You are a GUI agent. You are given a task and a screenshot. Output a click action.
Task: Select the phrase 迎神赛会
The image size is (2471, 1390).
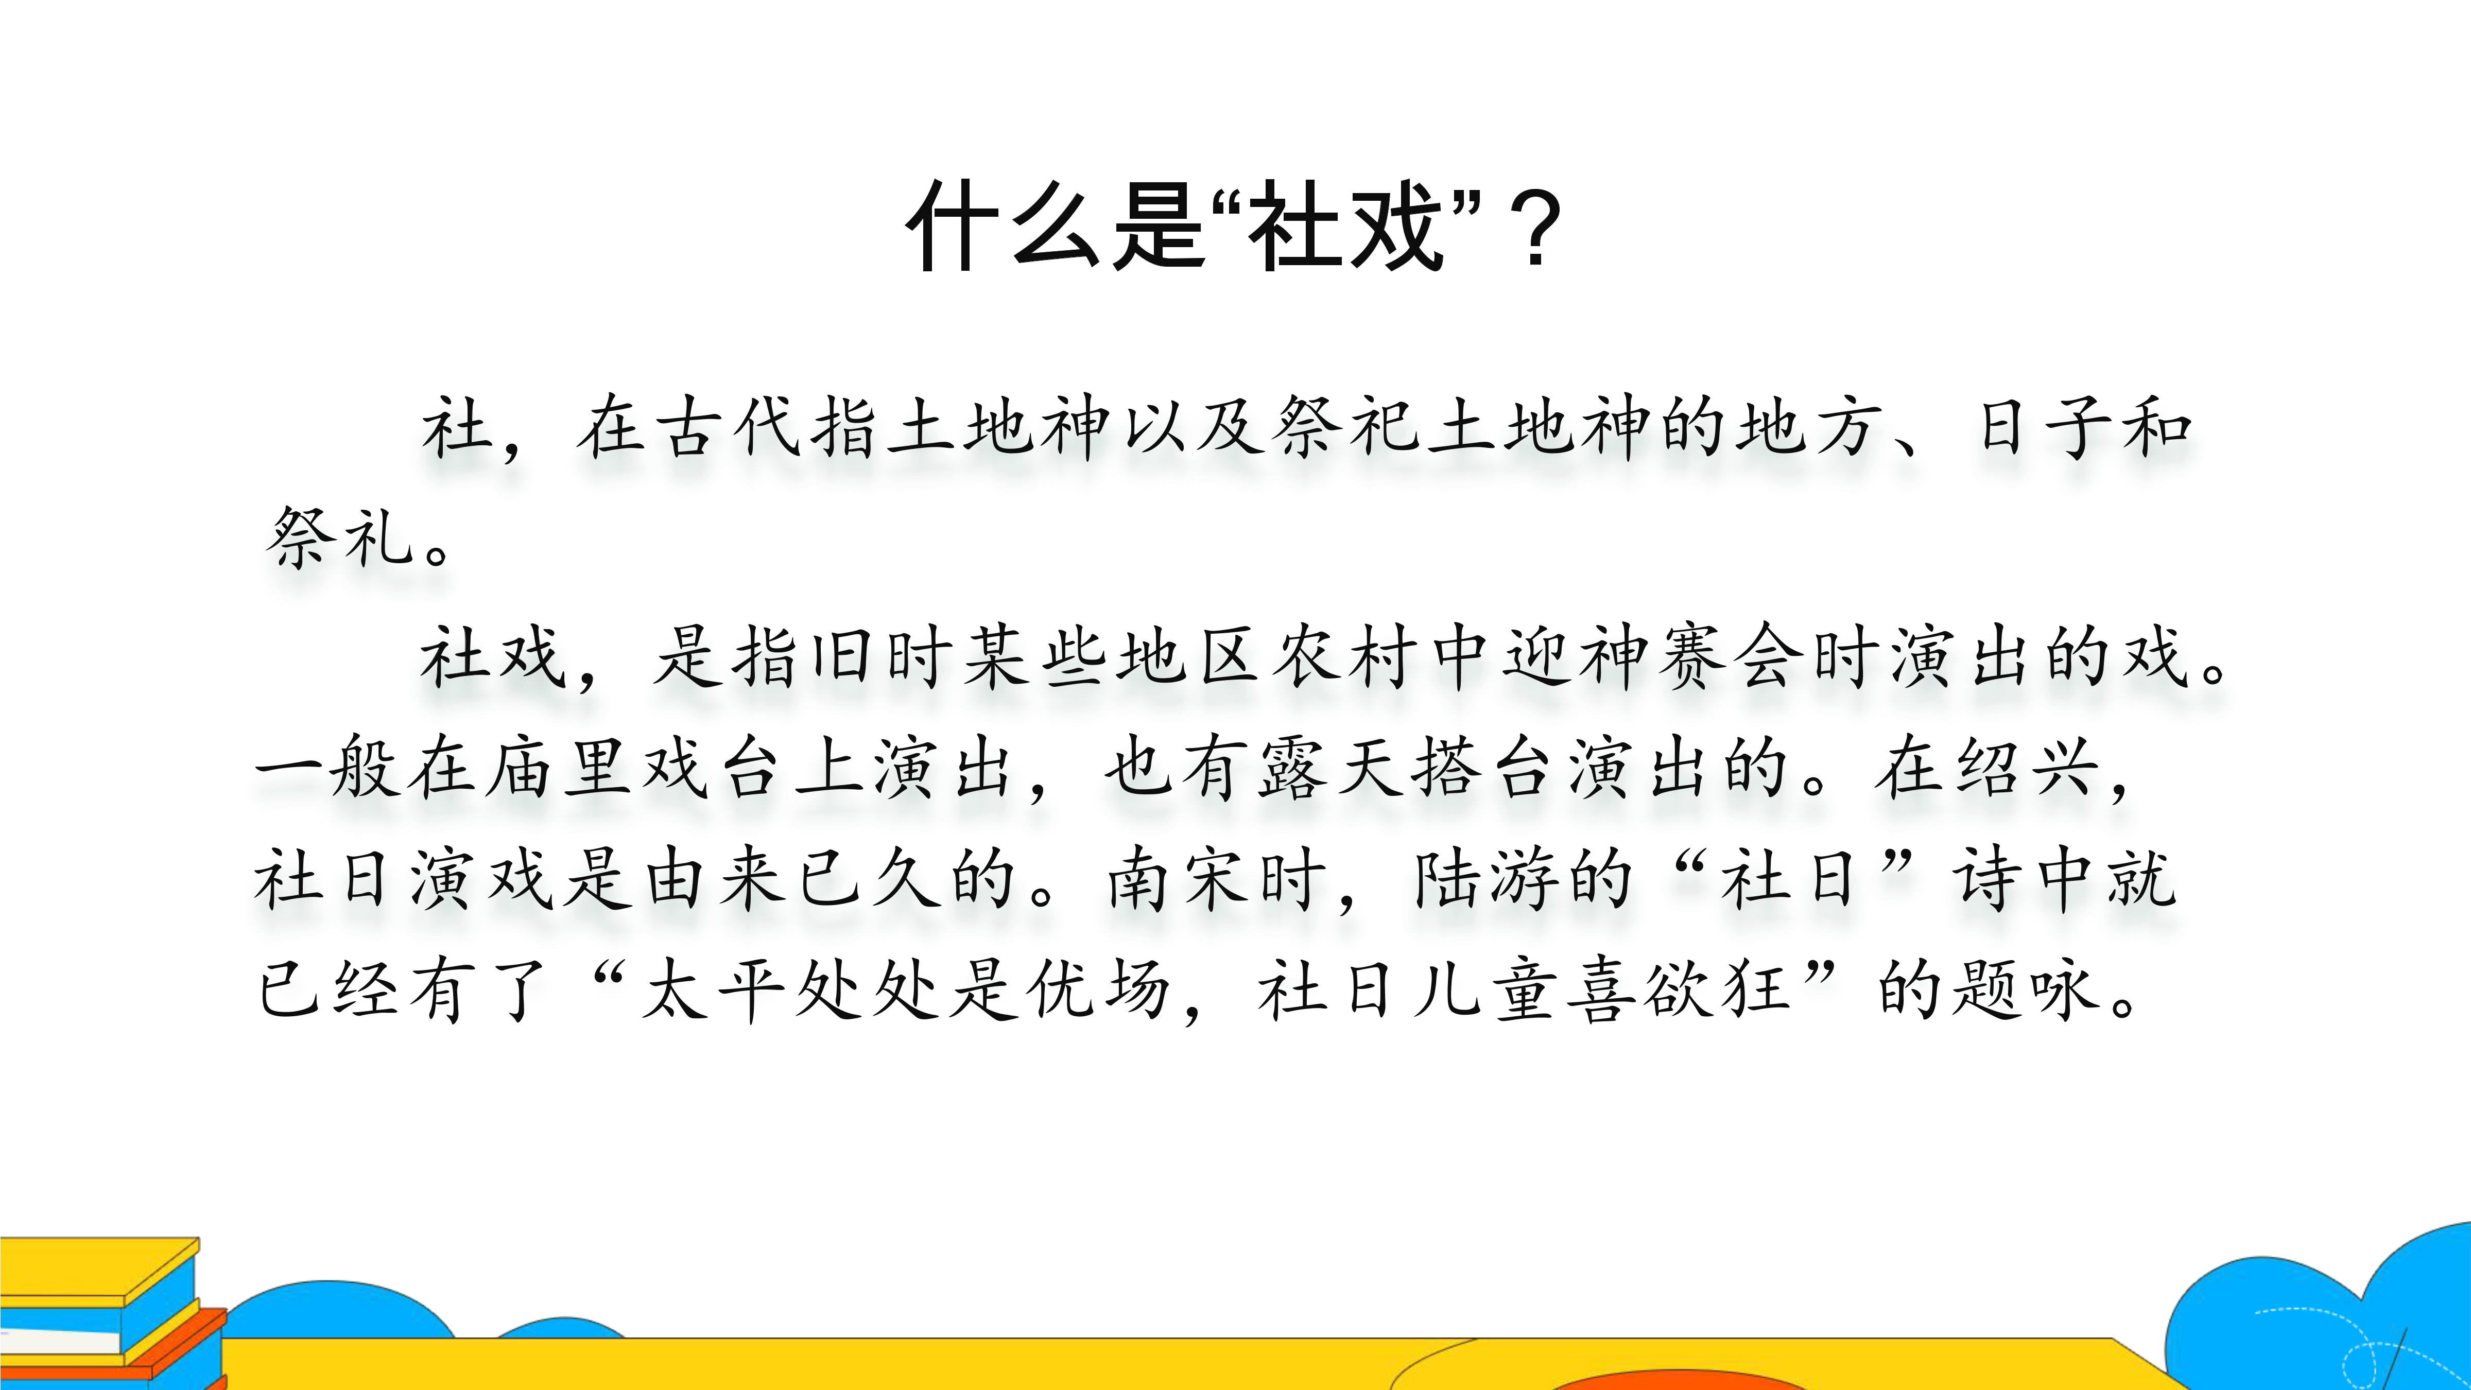[1654, 657]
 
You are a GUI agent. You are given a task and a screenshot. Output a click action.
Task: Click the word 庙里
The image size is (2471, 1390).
[557, 768]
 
